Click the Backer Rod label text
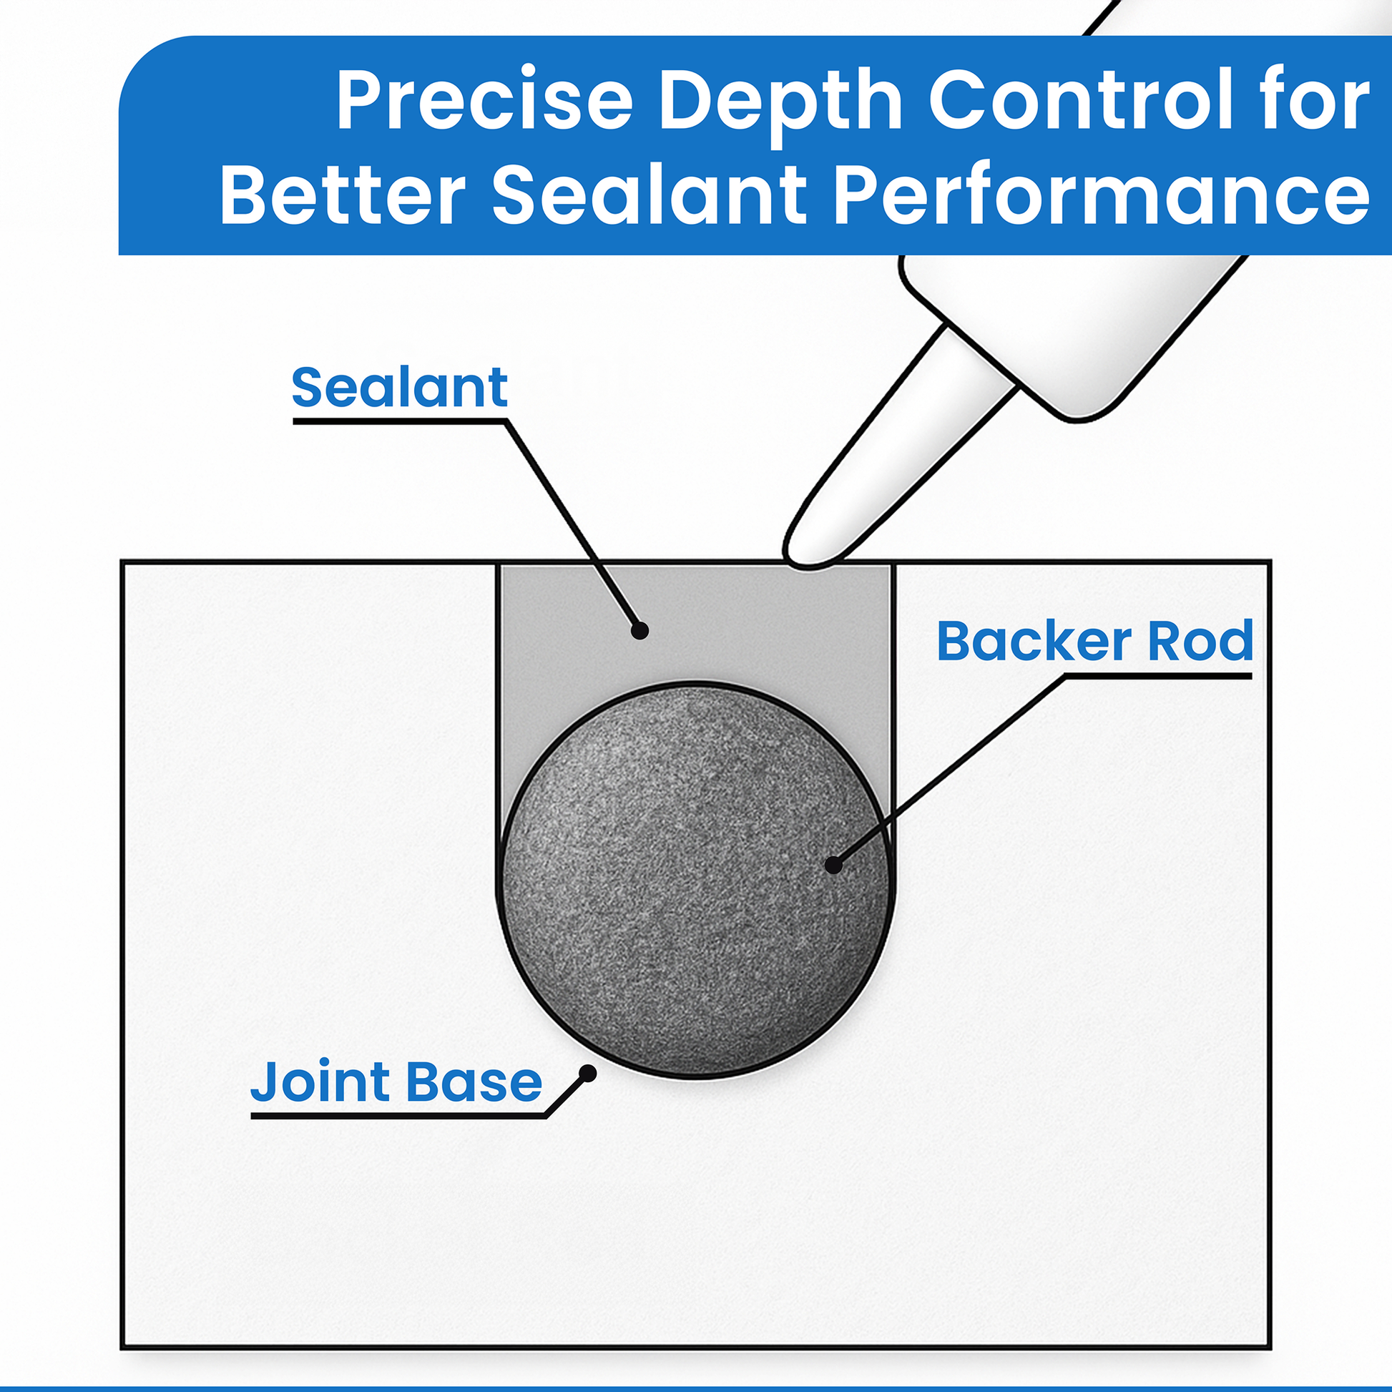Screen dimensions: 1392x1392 tap(1094, 640)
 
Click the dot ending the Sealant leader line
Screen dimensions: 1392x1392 tap(639, 631)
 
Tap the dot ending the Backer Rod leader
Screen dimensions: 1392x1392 tap(833, 865)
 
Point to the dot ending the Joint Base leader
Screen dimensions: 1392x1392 tap(588, 1074)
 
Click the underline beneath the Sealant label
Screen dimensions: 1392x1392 tap(399, 421)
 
